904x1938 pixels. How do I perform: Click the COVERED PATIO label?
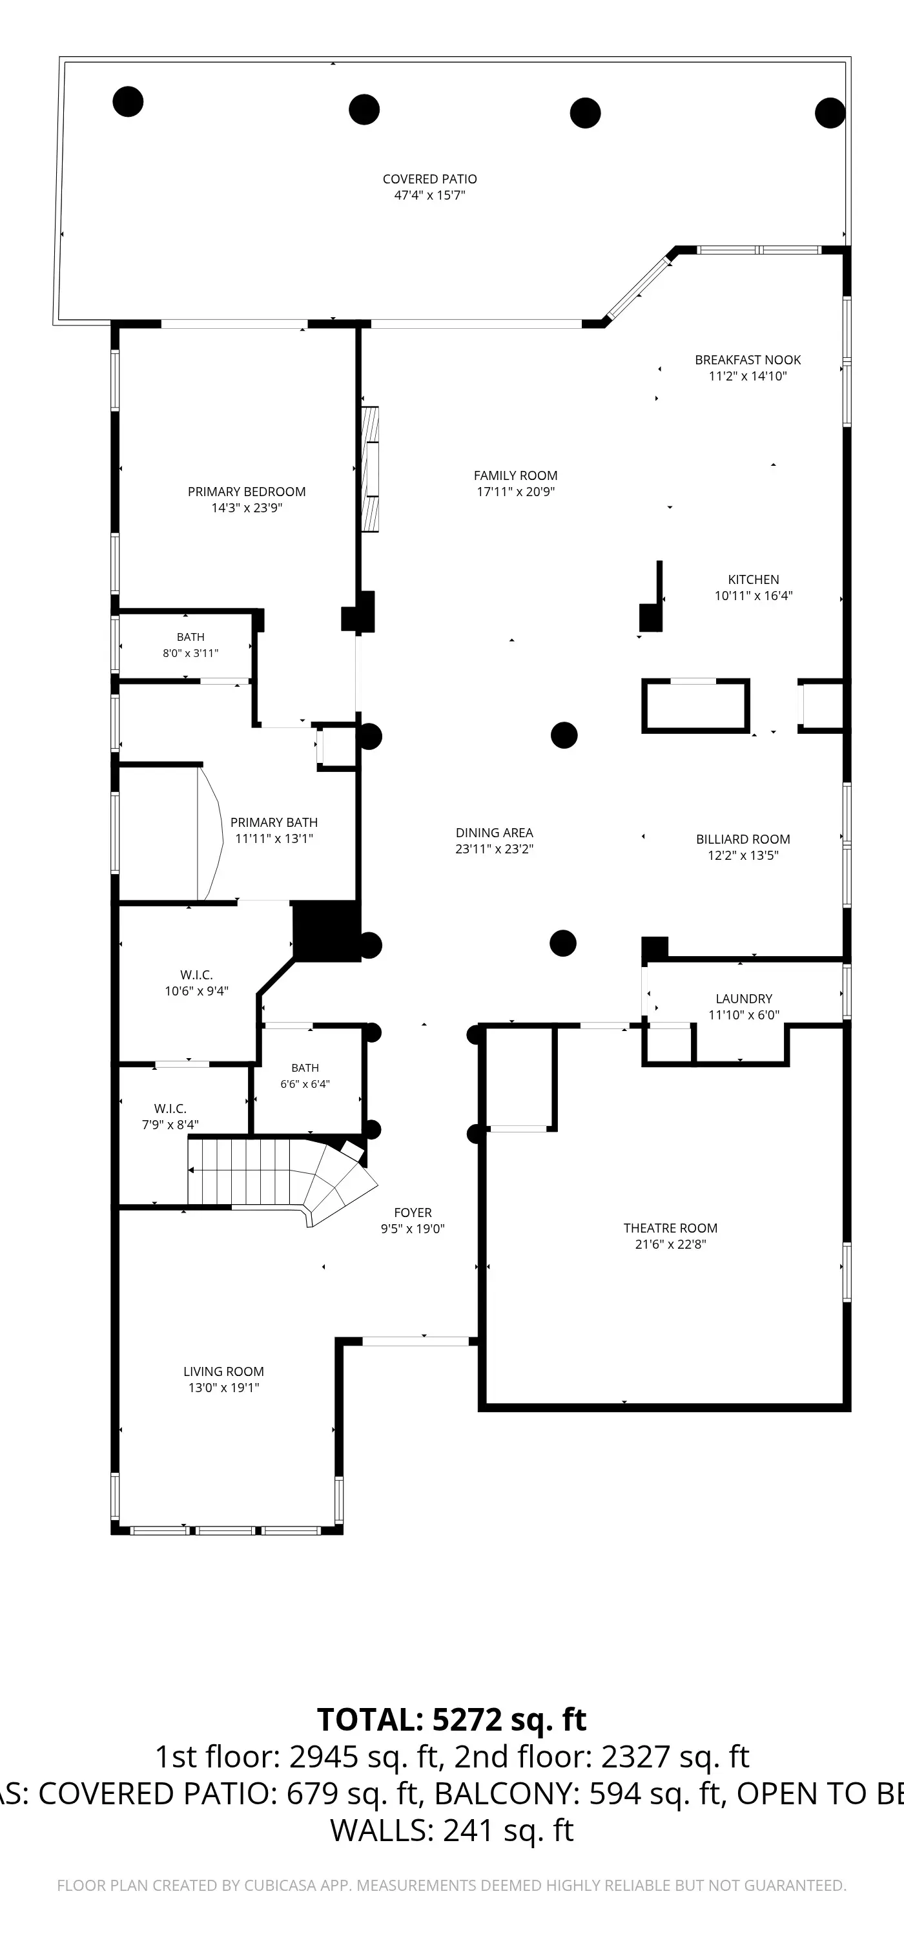[x=429, y=179]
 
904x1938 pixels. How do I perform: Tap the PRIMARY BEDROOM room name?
[x=247, y=492]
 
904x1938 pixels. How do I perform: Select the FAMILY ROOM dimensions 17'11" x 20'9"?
[x=515, y=492]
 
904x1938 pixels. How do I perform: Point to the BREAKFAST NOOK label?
[x=748, y=360]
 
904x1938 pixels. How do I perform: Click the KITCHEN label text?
[x=754, y=579]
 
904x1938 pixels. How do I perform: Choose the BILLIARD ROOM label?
[x=743, y=839]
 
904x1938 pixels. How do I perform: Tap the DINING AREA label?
[x=494, y=833]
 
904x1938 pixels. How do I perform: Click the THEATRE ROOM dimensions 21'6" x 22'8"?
[x=670, y=1244]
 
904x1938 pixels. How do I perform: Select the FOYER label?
[x=413, y=1213]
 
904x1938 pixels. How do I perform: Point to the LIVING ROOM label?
[x=223, y=1371]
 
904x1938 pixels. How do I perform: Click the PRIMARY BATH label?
[x=274, y=822]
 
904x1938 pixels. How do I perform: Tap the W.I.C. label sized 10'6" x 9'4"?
[x=196, y=975]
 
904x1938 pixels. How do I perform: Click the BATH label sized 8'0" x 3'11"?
[x=190, y=637]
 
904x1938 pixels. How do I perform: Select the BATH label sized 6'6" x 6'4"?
[x=305, y=1068]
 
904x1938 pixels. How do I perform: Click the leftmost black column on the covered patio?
[x=128, y=101]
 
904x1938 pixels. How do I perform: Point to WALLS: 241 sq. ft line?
[x=451, y=1830]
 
